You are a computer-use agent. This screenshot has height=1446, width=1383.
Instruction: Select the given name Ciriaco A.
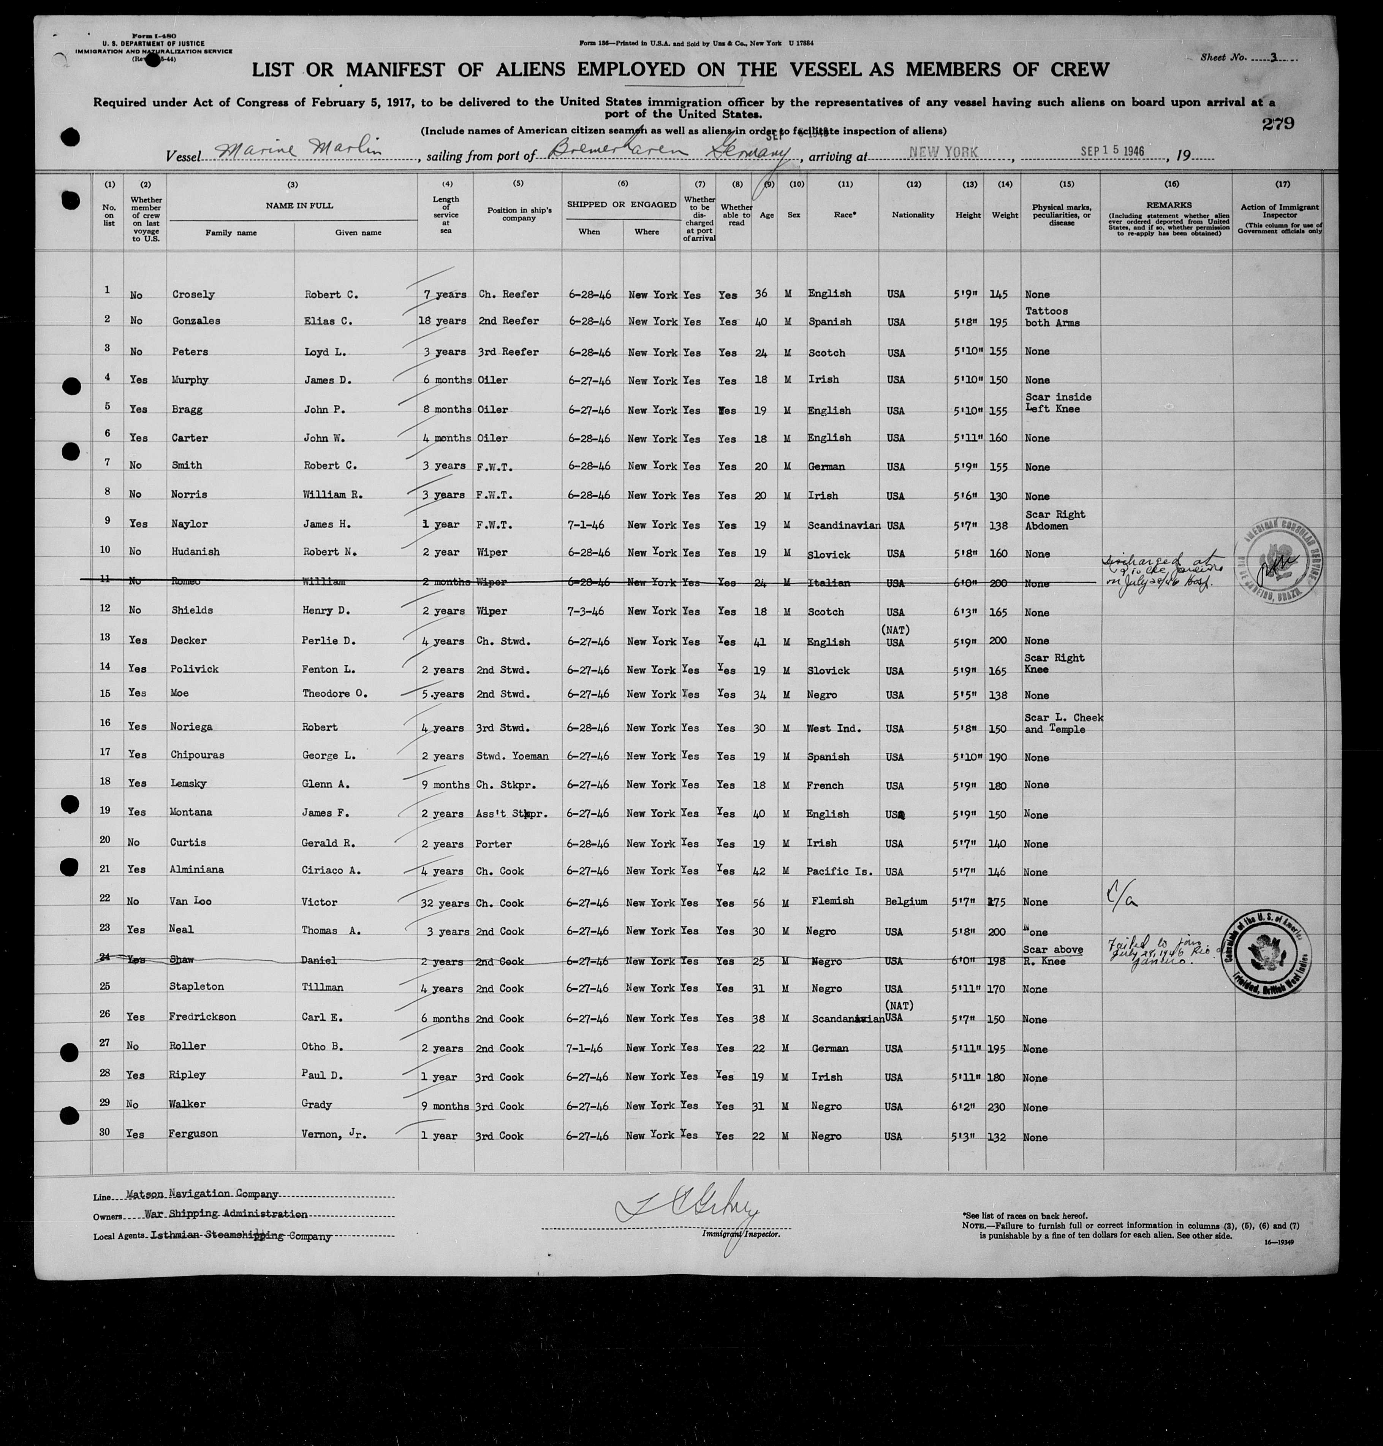(x=331, y=870)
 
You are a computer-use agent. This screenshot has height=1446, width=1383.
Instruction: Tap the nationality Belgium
(x=906, y=901)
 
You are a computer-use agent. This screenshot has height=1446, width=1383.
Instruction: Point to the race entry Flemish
(x=833, y=900)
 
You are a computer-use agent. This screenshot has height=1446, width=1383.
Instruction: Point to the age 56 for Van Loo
(x=761, y=902)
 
